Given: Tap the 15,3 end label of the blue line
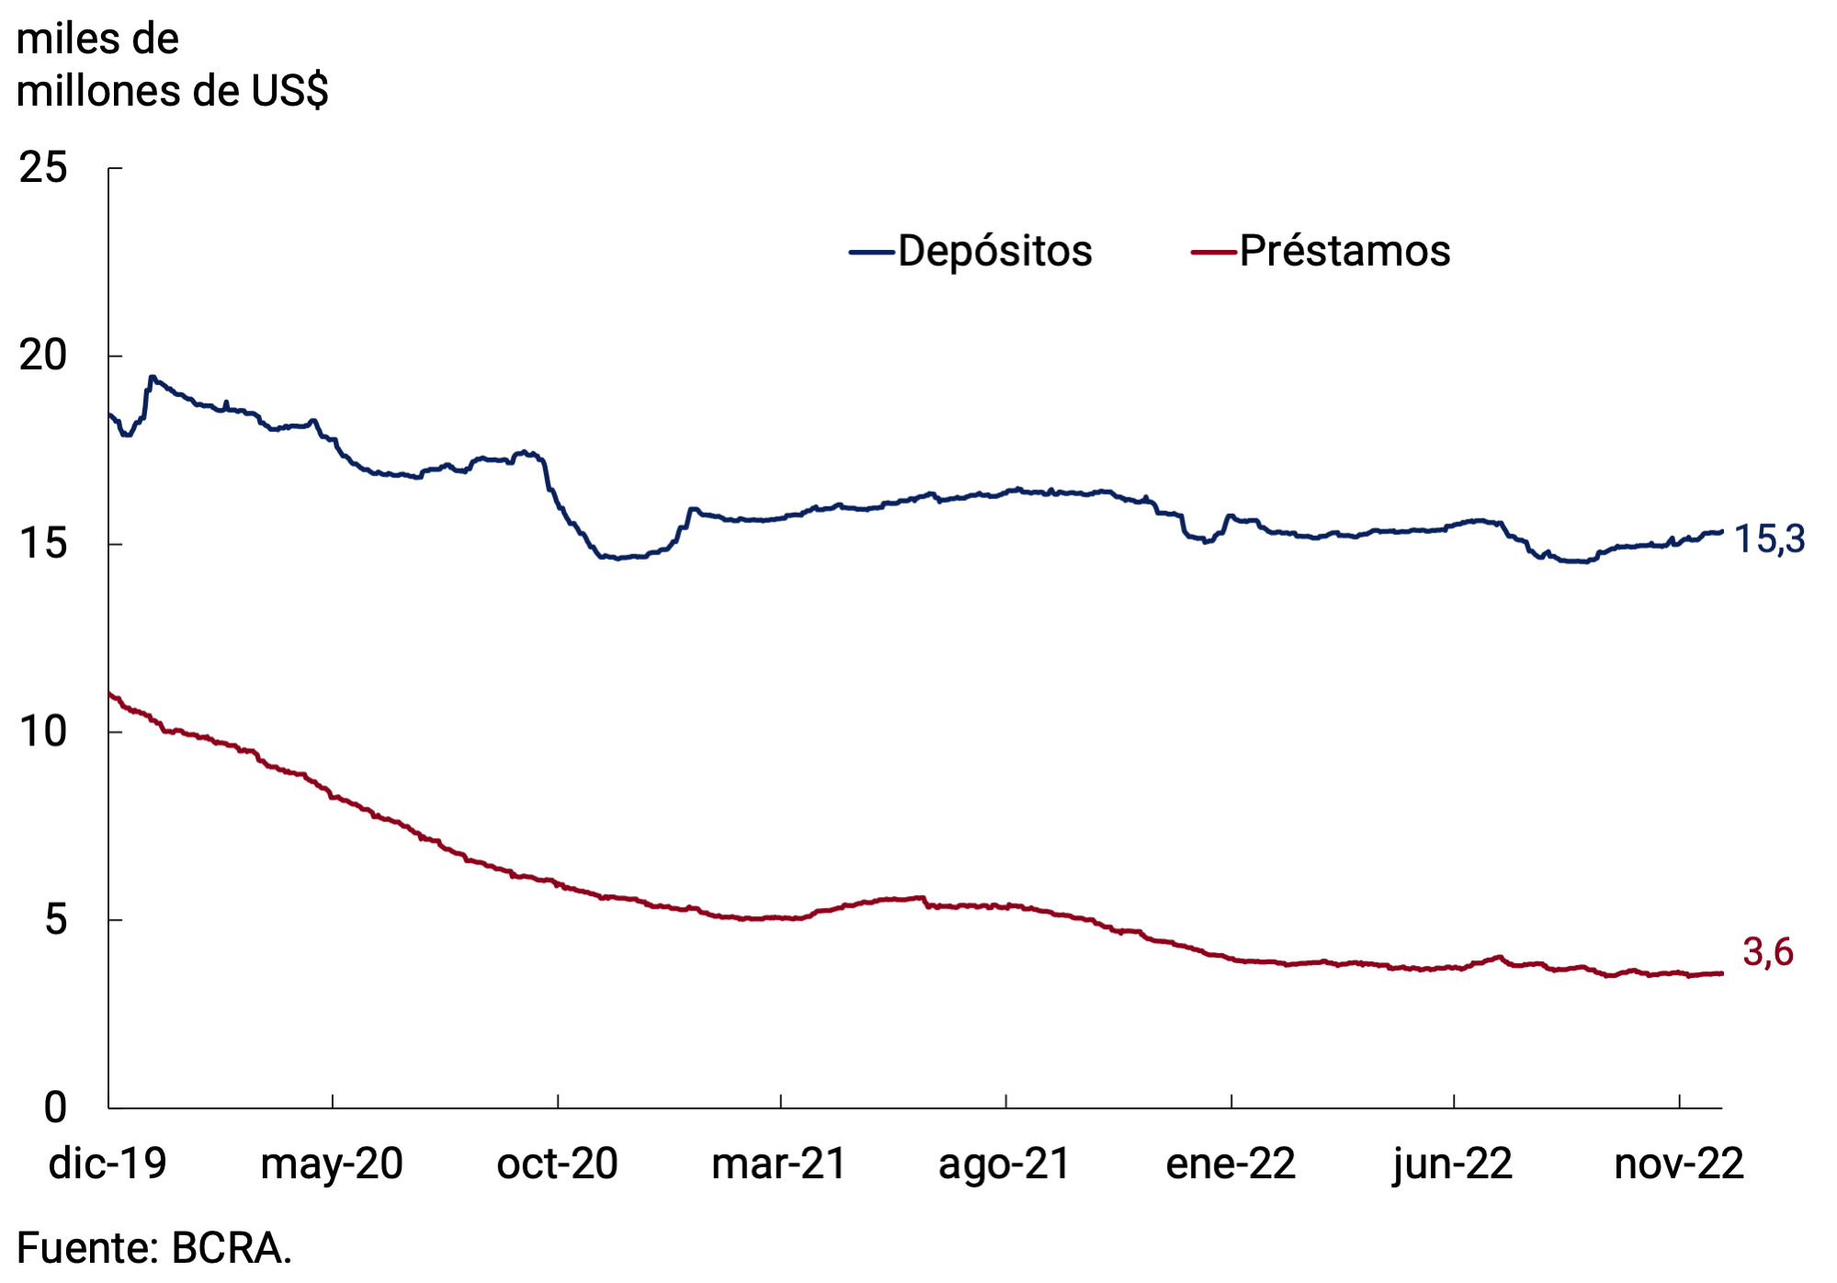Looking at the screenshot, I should [x=1769, y=539].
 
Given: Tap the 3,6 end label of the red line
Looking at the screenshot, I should [x=1767, y=952].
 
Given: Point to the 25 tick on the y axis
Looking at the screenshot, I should [x=43, y=168].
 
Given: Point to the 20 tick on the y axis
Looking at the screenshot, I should [x=43, y=356].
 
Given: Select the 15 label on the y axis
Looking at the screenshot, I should [x=43, y=544].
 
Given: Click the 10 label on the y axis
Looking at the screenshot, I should [x=43, y=732].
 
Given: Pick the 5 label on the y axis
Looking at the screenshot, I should [x=55, y=919].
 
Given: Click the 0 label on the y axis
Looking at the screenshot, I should [x=55, y=1107].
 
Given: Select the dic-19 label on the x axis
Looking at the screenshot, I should [x=108, y=1164].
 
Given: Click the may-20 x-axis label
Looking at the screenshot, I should [x=332, y=1164].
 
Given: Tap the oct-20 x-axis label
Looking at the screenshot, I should [x=557, y=1164].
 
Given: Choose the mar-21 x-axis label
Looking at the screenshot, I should [x=779, y=1164].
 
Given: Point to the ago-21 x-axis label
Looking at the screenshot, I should [x=1004, y=1164].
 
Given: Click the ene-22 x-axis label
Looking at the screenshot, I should [x=1230, y=1164].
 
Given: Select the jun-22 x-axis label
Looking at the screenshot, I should [x=1453, y=1164].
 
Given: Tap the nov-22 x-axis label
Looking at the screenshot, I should [x=1679, y=1164].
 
